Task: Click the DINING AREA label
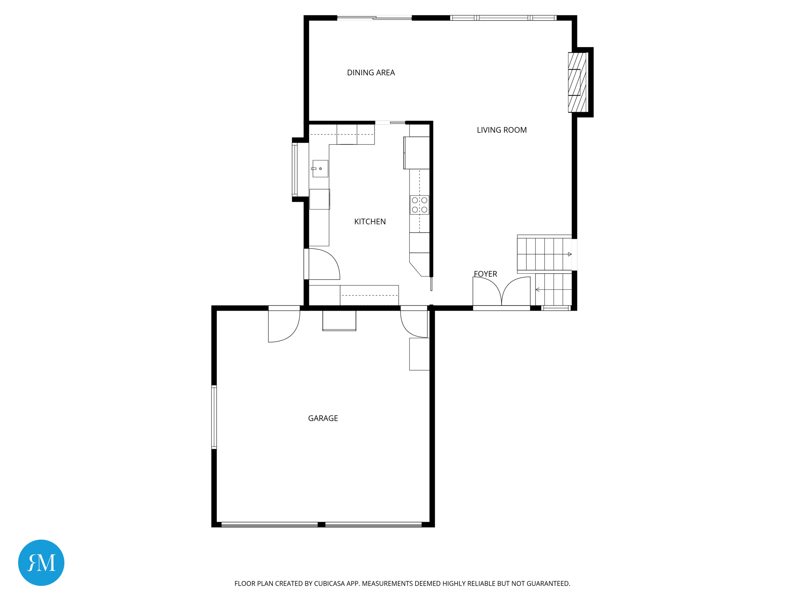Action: pos(371,73)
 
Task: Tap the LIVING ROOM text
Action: pos(502,130)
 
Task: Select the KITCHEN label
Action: pos(370,222)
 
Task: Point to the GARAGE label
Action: pos(323,418)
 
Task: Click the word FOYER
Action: pos(485,274)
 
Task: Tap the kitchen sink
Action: pos(320,169)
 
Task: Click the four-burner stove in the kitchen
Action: pos(419,205)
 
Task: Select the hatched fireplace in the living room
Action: pos(577,82)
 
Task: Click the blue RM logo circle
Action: pos(41,562)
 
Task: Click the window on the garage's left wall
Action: pos(214,417)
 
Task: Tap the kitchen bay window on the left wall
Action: pos(295,169)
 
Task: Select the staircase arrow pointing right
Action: pos(569,254)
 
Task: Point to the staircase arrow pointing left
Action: pos(538,290)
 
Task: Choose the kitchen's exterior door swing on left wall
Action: pos(323,264)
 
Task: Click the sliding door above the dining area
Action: pos(374,18)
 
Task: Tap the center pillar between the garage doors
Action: pos(321,525)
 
